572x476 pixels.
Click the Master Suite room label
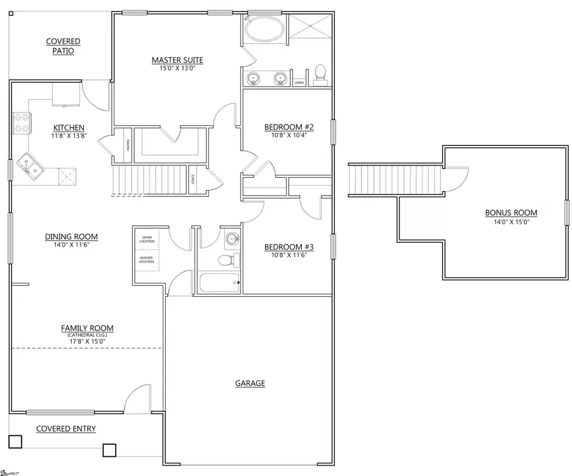(177, 60)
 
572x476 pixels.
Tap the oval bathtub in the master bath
(263, 30)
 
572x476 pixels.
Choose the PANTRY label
(128, 146)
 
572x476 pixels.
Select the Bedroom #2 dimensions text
(289, 135)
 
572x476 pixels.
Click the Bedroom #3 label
(289, 247)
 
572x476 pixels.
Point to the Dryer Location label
(147, 240)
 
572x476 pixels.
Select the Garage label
(250, 383)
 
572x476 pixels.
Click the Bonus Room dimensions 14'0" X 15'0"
(511, 222)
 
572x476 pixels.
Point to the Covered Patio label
(63, 46)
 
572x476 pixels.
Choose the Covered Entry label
(66, 429)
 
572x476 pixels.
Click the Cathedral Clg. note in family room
(87, 335)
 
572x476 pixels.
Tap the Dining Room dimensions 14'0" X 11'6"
(71, 245)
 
